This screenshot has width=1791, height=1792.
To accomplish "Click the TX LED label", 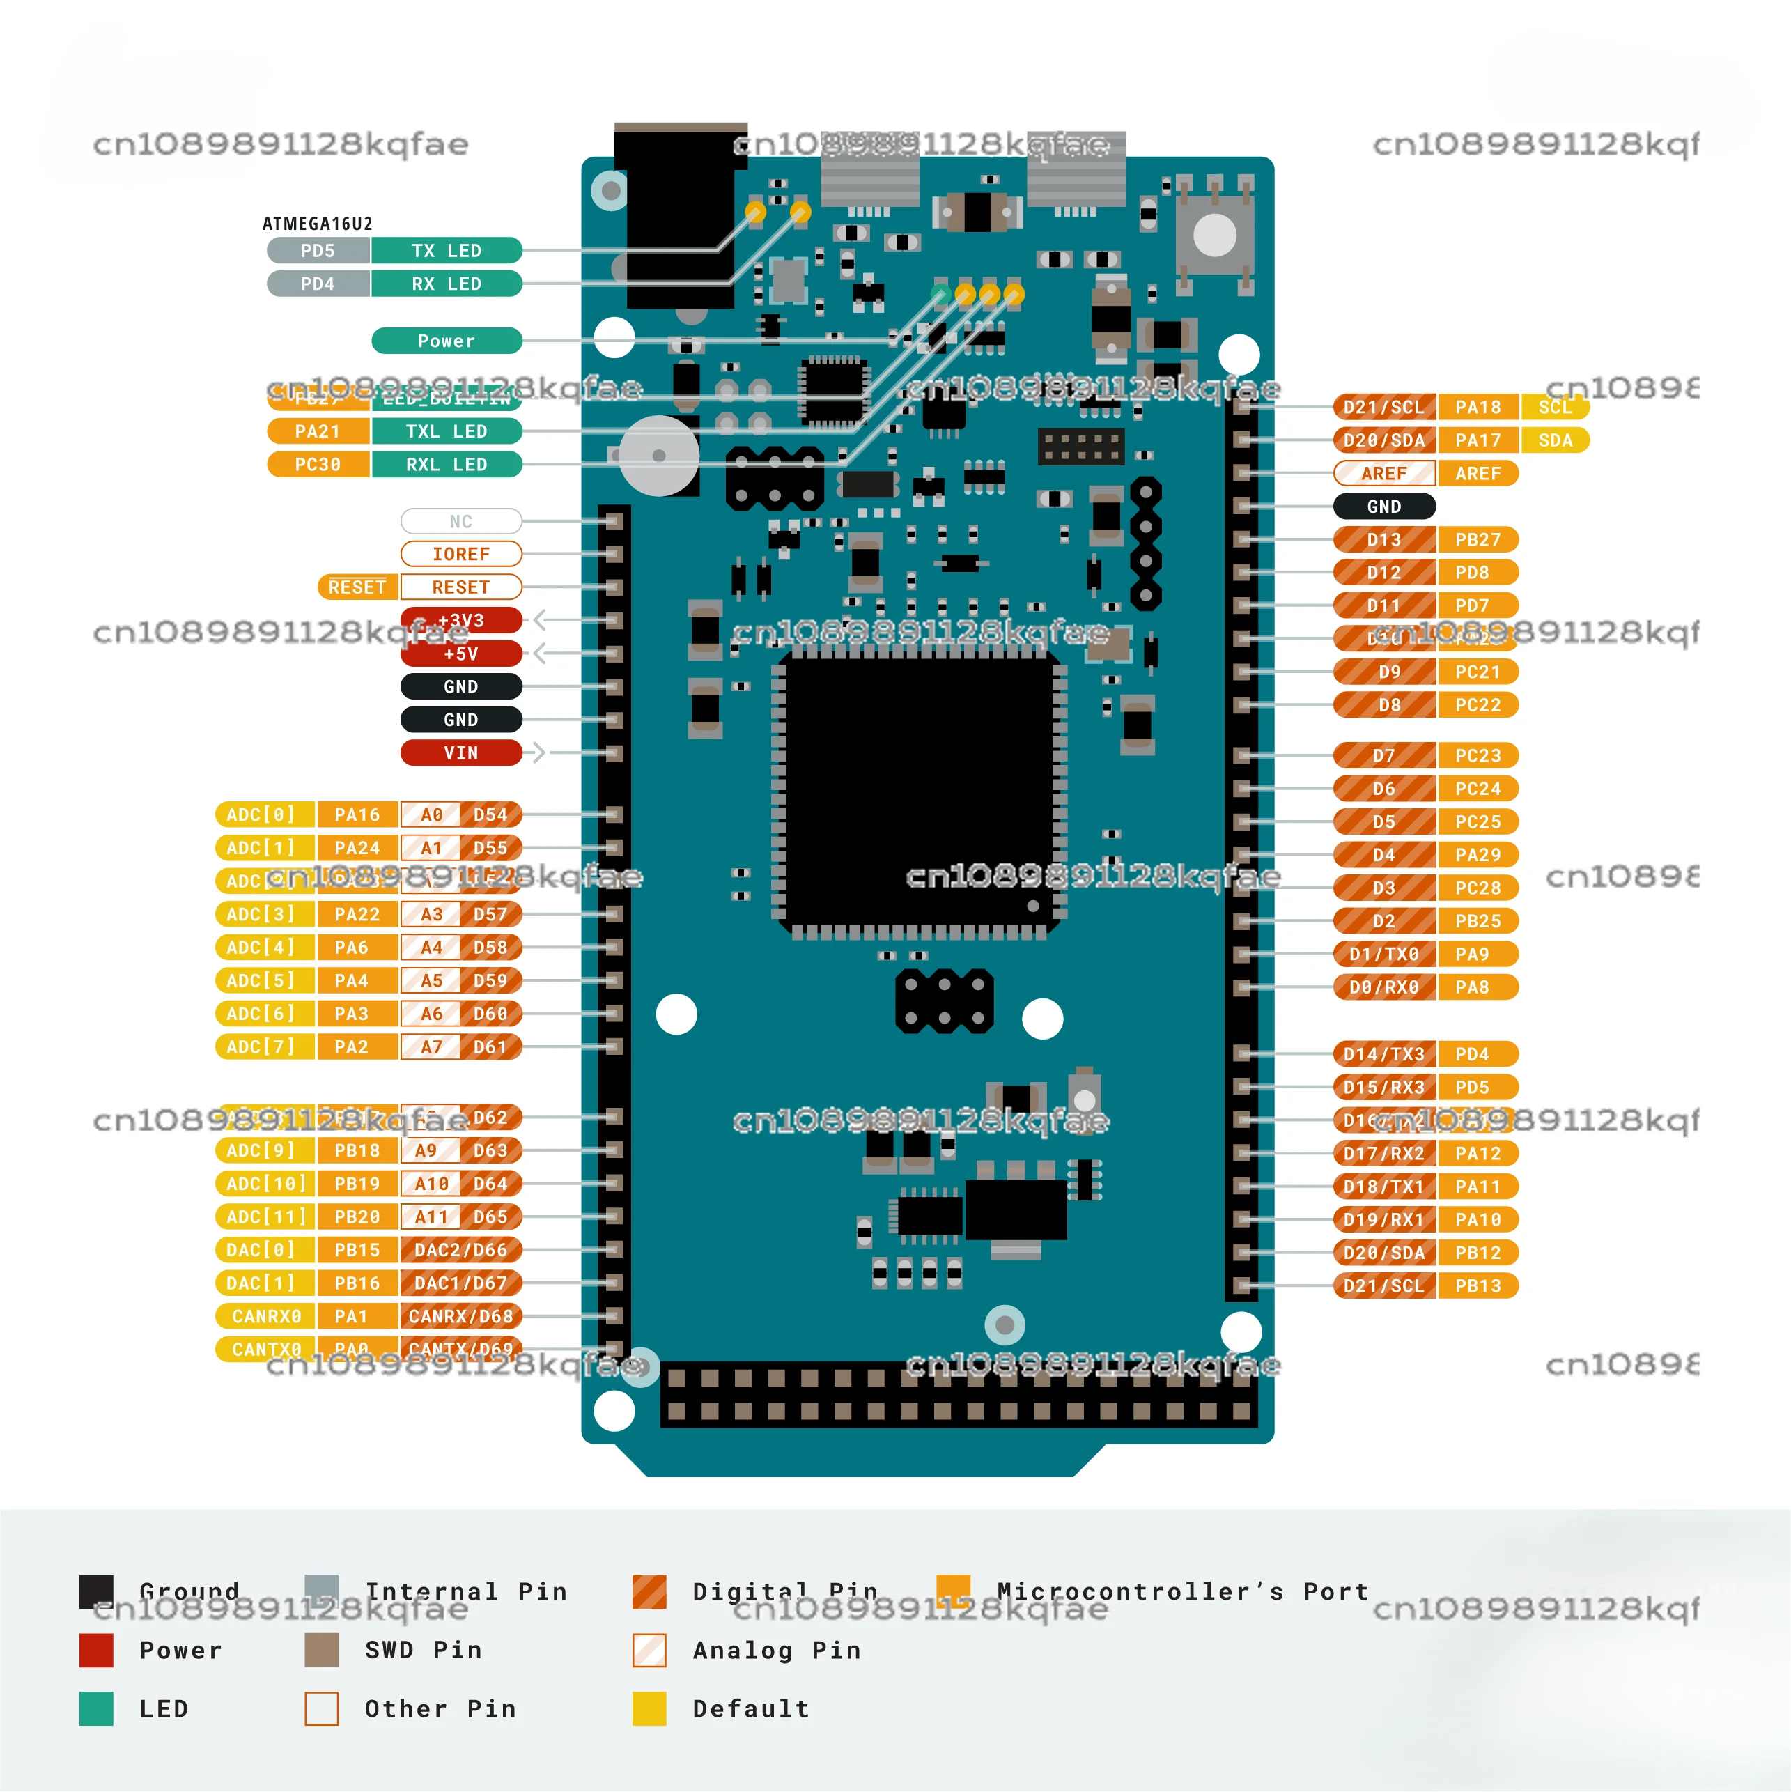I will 446,250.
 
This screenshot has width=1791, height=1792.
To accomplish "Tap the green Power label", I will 446,341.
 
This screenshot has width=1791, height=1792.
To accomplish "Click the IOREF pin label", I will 461,554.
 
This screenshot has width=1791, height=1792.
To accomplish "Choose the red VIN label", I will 461,753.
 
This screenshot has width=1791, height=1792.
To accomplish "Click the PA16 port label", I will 357,814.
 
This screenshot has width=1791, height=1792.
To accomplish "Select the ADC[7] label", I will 260,1046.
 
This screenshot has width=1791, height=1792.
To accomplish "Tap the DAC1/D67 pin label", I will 461,1283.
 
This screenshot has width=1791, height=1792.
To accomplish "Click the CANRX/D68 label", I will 461,1316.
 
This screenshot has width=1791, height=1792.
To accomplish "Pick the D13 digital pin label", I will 1384,540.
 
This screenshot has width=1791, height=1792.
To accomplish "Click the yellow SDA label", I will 1556,440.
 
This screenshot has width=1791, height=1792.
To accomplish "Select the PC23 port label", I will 1478,756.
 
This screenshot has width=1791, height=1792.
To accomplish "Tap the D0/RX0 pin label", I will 1384,987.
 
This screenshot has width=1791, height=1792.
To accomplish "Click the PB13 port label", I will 1478,1285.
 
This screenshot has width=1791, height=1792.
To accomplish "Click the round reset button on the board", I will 1214,235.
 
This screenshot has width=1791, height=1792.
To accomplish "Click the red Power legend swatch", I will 96,1650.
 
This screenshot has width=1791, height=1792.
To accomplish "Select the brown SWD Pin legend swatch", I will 322,1650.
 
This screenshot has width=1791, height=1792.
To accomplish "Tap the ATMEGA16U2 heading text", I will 317,224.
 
